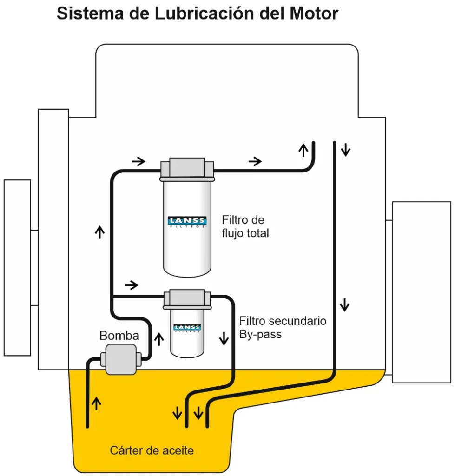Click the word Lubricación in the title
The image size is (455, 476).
pos(194,13)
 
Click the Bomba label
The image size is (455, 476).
pos(119,336)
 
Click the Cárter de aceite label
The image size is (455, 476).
pos(152,450)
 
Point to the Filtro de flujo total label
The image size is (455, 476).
pos(245,226)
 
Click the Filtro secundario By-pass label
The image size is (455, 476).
pos(283,327)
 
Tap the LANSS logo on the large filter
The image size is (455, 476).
pos(187,221)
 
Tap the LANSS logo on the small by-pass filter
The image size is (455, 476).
pos(187,328)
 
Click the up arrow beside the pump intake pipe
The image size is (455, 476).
pos(97,403)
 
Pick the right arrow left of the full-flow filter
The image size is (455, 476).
pos(138,161)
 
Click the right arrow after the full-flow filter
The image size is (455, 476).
pos(255,161)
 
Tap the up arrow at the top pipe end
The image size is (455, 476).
pos(303,150)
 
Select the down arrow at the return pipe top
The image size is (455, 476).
pos(345,150)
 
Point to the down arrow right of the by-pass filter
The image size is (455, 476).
pos(224,338)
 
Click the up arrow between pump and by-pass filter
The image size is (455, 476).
pos(159,338)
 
